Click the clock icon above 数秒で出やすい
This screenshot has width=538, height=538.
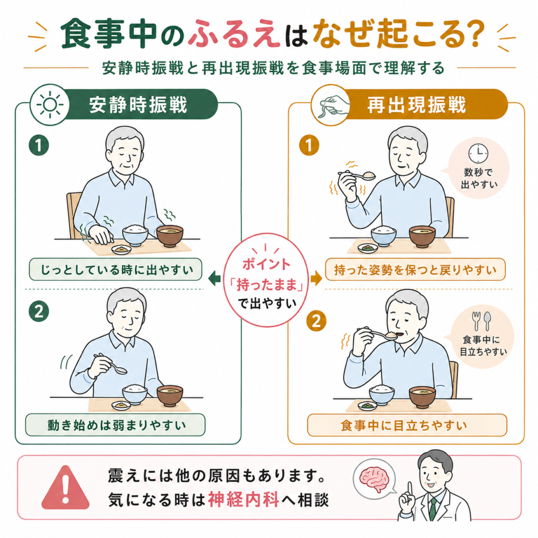pos(478,153)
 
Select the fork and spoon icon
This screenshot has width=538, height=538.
pos(481,321)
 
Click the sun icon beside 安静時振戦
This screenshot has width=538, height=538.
pos(50,105)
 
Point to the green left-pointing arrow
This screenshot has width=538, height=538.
pos(214,278)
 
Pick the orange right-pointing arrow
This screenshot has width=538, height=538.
pos(316,278)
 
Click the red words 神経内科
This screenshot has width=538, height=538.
pos(243,500)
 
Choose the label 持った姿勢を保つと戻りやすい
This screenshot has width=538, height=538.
pos(415,270)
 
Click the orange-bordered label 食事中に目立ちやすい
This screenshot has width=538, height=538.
pos(407,425)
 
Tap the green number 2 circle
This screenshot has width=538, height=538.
pos(39,312)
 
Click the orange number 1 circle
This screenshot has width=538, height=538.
pos(309,145)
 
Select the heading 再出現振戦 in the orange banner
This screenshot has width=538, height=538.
pos(417,105)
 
